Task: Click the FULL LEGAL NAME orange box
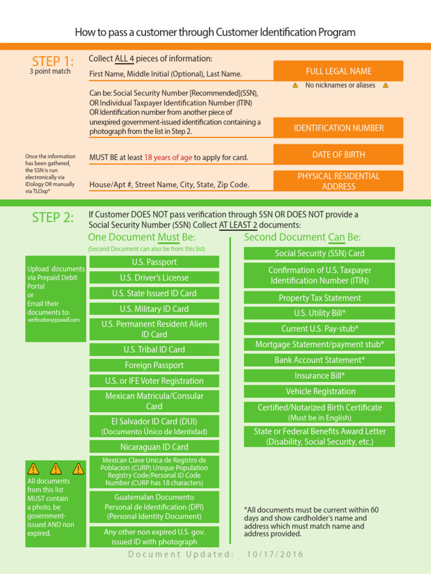pyautogui.click(x=338, y=71)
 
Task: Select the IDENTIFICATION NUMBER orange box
pyautogui.click(x=338, y=128)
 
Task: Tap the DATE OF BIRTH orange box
pyautogui.click(x=338, y=155)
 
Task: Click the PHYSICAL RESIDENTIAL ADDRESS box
pyautogui.click(x=338, y=181)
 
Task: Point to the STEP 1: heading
pyautogui.click(x=52, y=61)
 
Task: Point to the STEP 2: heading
pyautogui.click(x=52, y=217)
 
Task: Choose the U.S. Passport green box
pyautogui.click(x=154, y=262)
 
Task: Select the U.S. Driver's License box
pyautogui.click(x=154, y=277)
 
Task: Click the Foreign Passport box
pyautogui.click(x=154, y=365)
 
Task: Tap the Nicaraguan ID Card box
pyautogui.click(x=154, y=447)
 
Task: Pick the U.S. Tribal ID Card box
pyautogui.click(x=154, y=349)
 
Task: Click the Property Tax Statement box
pyautogui.click(x=319, y=298)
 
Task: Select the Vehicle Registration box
pyautogui.click(x=319, y=391)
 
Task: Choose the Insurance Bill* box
pyautogui.click(x=319, y=376)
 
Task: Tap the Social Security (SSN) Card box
pyautogui.click(x=319, y=253)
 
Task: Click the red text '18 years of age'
pyautogui.click(x=168, y=158)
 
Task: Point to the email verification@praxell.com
pyautogui.click(x=54, y=320)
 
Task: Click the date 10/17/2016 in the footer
pyautogui.click(x=275, y=554)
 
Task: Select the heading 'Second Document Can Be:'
pyautogui.click(x=302, y=237)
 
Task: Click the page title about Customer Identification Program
pyautogui.click(x=215, y=33)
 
